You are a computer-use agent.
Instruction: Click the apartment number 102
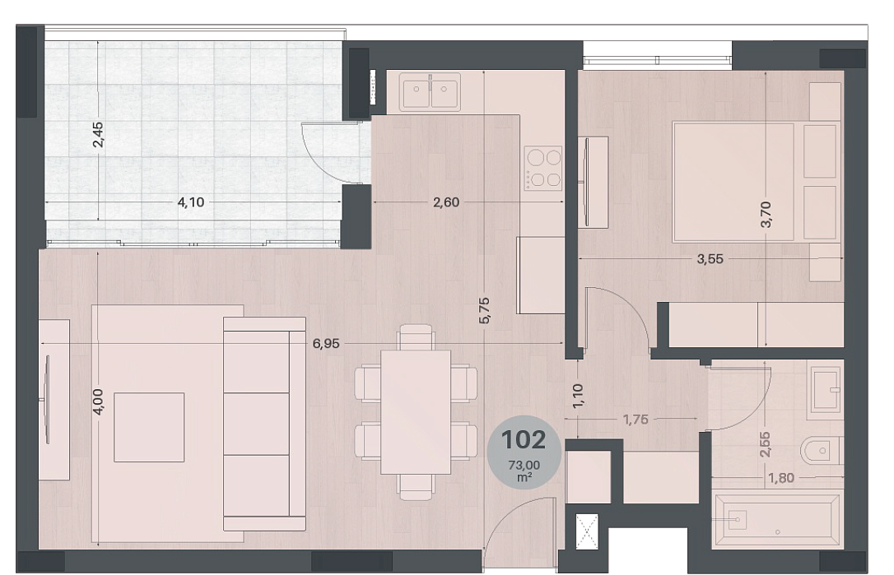pyautogui.click(x=524, y=440)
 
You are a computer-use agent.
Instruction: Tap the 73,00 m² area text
pyautogui.click(x=524, y=471)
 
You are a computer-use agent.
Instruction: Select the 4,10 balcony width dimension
pyautogui.click(x=191, y=202)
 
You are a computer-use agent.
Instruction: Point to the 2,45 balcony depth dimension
pyautogui.click(x=98, y=134)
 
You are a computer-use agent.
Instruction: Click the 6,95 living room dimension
pyautogui.click(x=326, y=343)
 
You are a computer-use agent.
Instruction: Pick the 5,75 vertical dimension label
pyautogui.click(x=484, y=311)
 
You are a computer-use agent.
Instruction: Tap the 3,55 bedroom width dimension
pyautogui.click(x=710, y=259)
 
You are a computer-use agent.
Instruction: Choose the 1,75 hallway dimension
pyautogui.click(x=636, y=420)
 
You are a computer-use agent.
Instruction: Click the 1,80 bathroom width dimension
pyautogui.click(x=780, y=478)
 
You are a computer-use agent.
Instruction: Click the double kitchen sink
pyautogui.click(x=431, y=91)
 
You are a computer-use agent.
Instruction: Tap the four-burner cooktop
pyautogui.click(x=544, y=168)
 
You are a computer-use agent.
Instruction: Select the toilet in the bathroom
pyautogui.click(x=821, y=451)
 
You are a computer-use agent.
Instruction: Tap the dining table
pyautogui.click(x=416, y=412)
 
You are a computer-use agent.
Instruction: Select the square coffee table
pyautogui.click(x=149, y=427)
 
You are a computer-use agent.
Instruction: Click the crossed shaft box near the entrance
pyautogui.click(x=587, y=531)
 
